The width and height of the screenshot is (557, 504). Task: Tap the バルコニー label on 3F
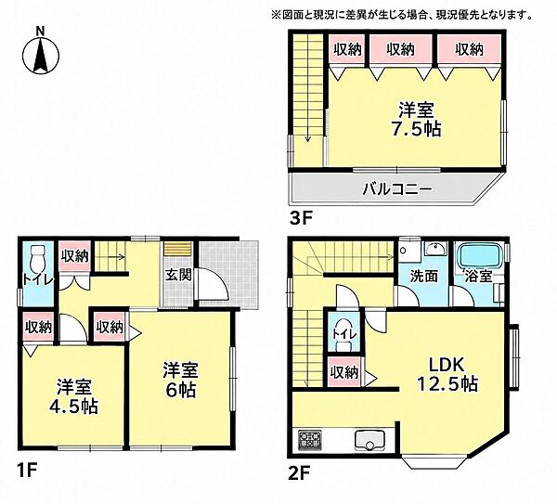pos(397,189)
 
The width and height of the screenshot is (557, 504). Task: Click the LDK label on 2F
pos(447,365)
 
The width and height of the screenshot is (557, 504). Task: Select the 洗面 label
pos(424,277)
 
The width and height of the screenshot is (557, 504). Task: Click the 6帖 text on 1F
pos(181,391)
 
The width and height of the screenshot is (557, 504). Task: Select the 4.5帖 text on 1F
pos(73,407)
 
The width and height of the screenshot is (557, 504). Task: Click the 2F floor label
pos(300,472)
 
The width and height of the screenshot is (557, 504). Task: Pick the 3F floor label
pos(300,219)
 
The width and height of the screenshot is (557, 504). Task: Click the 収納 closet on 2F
pos(343,372)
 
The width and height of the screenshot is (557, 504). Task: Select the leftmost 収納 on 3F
pos(347,49)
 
